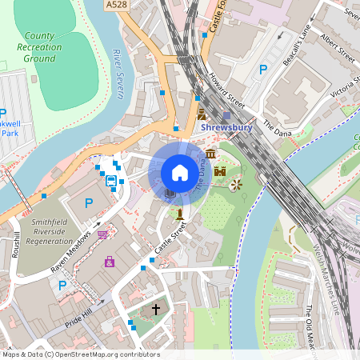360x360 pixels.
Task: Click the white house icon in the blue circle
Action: (x=180, y=172)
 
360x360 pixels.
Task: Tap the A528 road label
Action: (x=116, y=5)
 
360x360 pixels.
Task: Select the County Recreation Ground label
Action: (x=39, y=47)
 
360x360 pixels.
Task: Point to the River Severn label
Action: (x=118, y=74)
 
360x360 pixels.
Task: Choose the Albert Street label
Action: (x=336, y=50)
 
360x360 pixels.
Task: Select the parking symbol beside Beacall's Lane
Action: (x=263, y=70)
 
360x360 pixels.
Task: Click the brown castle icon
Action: (x=220, y=171)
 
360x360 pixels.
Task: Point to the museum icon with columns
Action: (x=210, y=154)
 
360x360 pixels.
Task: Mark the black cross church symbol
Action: (x=156, y=308)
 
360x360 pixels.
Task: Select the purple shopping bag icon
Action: (x=110, y=261)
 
